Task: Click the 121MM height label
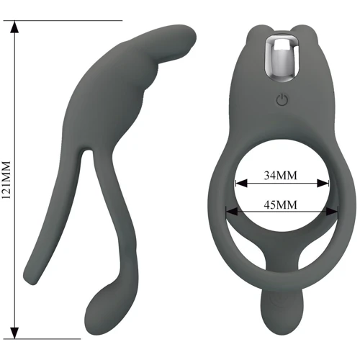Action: pyautogui.click(x=6, y=180)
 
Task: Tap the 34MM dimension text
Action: pyautogui.click(x=280, y=176)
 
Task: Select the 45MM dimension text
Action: pyautogui.click(x=280, y=204)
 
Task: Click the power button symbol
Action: pyautogui.click(x=282, y=99)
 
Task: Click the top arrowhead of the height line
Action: pyautogui.click(x=14, y=27)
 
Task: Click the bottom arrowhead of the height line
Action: pyautogui.click(x=14, y=333)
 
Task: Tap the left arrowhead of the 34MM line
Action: pyautogui.click(x=241, y=184)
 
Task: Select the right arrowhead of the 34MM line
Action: pyautogui.click(x=323, y=184)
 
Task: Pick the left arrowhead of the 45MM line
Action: pyautogui.click(x=232, y=212)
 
